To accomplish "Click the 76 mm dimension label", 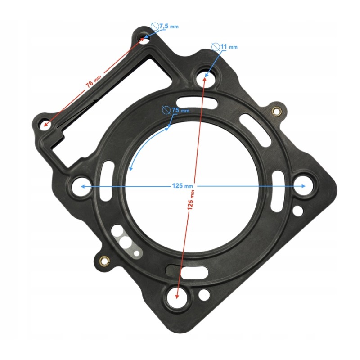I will (x=94, y=82).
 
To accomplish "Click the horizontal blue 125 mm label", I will (x=182, y=186).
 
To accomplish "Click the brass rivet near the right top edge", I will (x=277, y=111).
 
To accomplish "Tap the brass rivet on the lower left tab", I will (x=104, y=260).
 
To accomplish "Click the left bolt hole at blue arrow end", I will (x=81, y=185).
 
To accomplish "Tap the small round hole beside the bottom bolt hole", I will (x=204, y=295).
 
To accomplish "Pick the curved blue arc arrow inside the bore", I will (x=144, y=144).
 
